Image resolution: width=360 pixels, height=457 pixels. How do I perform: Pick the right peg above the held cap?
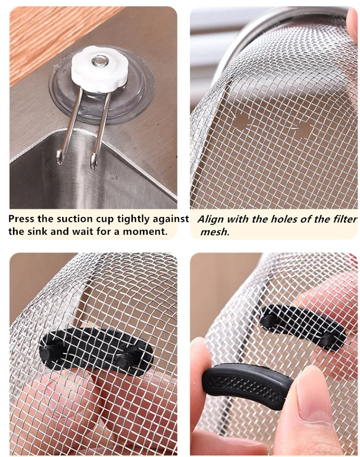tap(329, 339)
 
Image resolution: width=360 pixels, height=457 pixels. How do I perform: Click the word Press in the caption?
tap(22, 219)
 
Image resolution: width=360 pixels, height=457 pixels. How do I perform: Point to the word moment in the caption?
tap(146, 231)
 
